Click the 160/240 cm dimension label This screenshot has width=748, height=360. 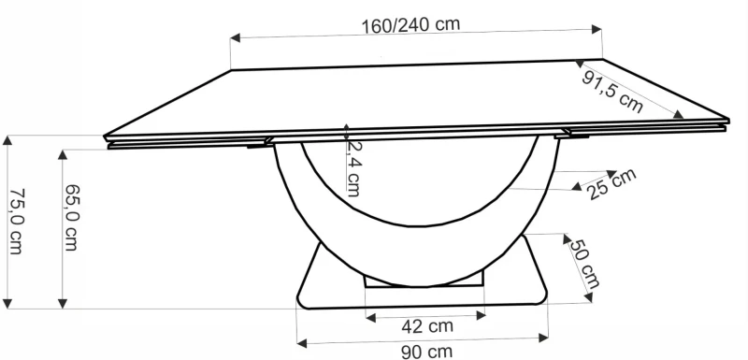(x=410, y=25)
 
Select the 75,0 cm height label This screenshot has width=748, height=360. (x=16, y=221)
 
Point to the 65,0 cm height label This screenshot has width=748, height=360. (x=71, y=221)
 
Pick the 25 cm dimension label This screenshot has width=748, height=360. (x=612, y=185)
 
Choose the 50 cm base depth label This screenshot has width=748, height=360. (x=586, y=263)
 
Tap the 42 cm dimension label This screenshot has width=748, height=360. (x=427, y=326)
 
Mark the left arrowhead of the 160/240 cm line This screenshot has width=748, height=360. (x=236, y=38)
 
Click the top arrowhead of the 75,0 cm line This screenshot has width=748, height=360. (x=8, y=141)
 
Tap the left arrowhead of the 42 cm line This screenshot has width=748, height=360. (x=371, y=317)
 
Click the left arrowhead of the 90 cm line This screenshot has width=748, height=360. (x=301, y=341)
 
